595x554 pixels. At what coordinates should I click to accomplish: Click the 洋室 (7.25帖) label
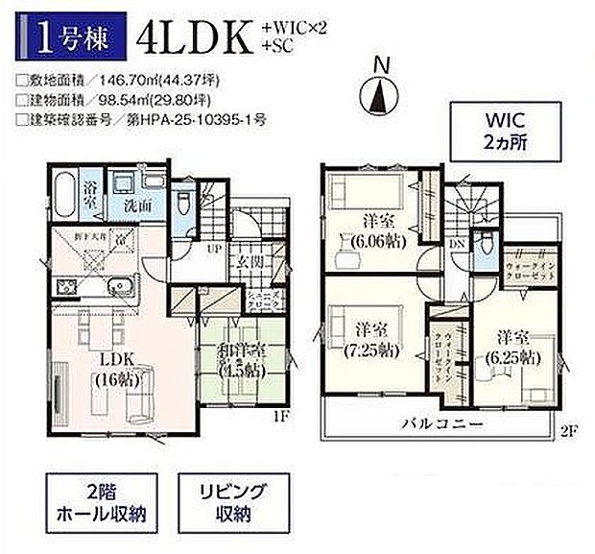coord(365,338)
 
